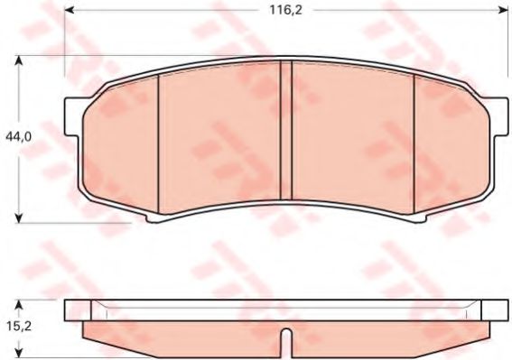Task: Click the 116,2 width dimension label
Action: point(285,10)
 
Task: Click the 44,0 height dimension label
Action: point(18,137)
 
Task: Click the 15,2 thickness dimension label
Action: point(19,326)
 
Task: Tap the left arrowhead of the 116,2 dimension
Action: point(70,10)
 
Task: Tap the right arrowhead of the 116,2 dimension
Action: point(504,10)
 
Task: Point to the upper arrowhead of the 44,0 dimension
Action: point(20,60)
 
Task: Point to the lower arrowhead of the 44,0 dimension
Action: point(20,218)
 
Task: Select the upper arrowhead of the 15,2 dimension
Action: point(20,305)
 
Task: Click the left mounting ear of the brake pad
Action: point(72,116)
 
